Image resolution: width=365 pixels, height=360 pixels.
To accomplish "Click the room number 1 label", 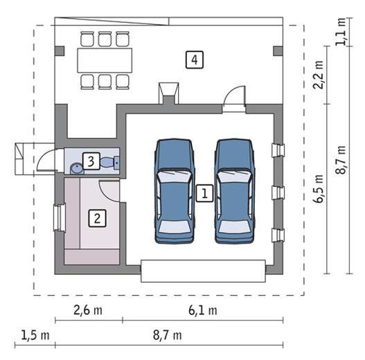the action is click(x=204, y=193).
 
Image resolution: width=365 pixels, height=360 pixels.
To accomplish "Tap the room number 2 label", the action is click(x=97, y=218).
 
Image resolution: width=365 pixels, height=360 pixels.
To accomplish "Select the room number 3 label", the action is click(x=91, y=161).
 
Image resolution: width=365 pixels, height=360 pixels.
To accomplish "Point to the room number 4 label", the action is click(x=195, y=60).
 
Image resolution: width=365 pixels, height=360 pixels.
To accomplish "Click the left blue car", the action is click(x=175, y=191).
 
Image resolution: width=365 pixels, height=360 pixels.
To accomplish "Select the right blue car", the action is click(x=235, y=191).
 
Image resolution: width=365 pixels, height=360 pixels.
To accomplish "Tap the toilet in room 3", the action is click(x=110, y=162).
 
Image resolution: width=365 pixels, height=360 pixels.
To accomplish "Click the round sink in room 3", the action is click(x=76, y=168).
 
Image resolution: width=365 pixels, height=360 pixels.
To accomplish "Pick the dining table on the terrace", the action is click(x=105, y=60).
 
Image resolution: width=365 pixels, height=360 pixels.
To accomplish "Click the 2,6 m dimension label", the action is click(x=88, y=310).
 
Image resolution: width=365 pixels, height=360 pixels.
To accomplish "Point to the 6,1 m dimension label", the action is click(x=203, y=310).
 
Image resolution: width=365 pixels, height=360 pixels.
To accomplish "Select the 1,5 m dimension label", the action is click(x=35, y=335).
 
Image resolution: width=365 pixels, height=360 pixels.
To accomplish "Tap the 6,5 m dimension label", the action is click(x=319, y=188).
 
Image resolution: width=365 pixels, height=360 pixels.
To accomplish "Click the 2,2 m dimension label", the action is click(x=319, y=75).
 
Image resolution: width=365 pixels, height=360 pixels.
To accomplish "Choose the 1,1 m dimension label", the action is click(x=341, y=31).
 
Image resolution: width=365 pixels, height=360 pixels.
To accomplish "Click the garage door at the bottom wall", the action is click(x=203, y=271).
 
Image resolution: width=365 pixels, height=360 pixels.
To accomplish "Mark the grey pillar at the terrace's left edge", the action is click(x=60, y=51).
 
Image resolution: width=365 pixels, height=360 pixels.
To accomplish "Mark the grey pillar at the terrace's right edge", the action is click(x=278, y=51).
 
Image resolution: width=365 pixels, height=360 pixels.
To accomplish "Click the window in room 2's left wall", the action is click(x=59, y=217).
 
